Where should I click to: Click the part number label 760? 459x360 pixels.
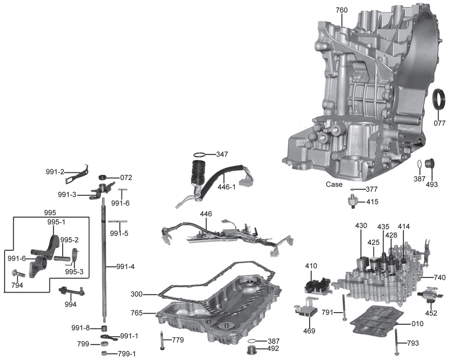point(342,10)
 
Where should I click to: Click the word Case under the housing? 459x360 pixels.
point(335,185)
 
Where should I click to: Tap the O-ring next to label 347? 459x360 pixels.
point(200,154)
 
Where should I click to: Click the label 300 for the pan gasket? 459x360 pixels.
point(137,294)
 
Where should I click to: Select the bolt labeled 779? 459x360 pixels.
point(162,341)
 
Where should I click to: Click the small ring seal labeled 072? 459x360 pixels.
point(103,177)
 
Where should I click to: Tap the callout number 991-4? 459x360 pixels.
point(125,266)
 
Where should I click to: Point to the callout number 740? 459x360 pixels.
point(440,277)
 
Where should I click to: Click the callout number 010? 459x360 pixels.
point(417,324)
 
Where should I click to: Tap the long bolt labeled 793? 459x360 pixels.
point(396,342)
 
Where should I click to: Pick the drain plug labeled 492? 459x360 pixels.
point(251,350)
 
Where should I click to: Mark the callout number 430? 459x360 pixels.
point(361,225)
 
